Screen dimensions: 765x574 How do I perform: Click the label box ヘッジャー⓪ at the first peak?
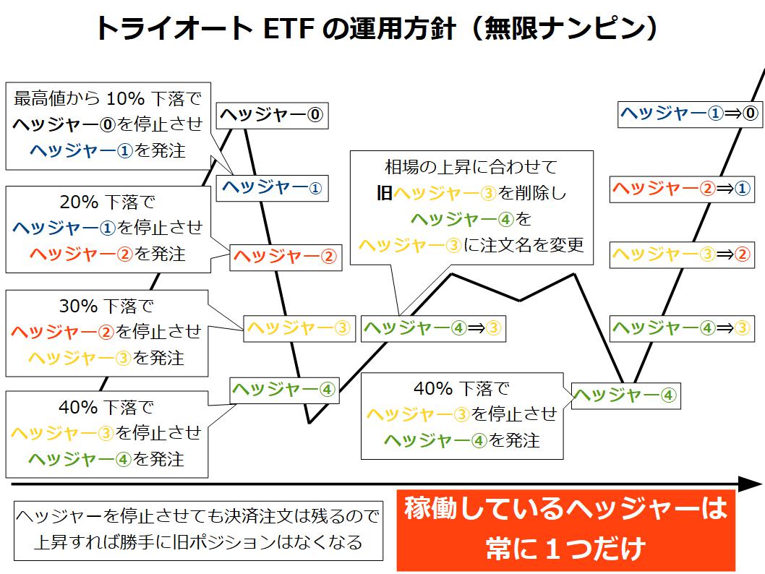click(x=273, y=116)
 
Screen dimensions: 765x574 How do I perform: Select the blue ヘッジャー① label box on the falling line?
click(x=273, y=188)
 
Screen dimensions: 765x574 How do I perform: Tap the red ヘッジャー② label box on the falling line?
click(x=286, y=257)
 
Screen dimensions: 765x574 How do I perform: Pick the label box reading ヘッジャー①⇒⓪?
click(x=690, y=115)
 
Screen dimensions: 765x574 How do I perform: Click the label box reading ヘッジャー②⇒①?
click(x=682, y=189)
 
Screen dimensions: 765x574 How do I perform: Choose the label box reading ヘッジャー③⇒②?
click(x=682, y=254)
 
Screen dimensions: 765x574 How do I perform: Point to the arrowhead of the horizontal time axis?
click(x=751, y=484)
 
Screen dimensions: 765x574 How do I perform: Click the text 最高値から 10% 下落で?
click(x=108, y=98)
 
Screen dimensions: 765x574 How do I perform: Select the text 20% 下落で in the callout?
click(x=107, y=202)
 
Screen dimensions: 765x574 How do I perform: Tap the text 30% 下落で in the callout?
click(x=106, y=306)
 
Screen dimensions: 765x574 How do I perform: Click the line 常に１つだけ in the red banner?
click(x=566, y=548)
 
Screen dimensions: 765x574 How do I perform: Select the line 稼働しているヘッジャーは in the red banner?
click(x=566, y=508)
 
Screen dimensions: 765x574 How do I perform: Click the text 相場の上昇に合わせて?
click(x=471, y=167)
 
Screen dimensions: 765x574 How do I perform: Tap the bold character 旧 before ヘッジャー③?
click(x=385, y=193)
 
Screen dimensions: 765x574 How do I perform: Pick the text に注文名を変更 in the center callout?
click(x=523, y=244)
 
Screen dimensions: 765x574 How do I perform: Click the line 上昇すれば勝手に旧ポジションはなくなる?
click(x=198, y=541)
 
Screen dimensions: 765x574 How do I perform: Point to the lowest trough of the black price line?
click(x=309, y=422)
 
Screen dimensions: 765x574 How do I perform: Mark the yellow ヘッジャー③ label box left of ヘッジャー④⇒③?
click(x=299, y=328)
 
